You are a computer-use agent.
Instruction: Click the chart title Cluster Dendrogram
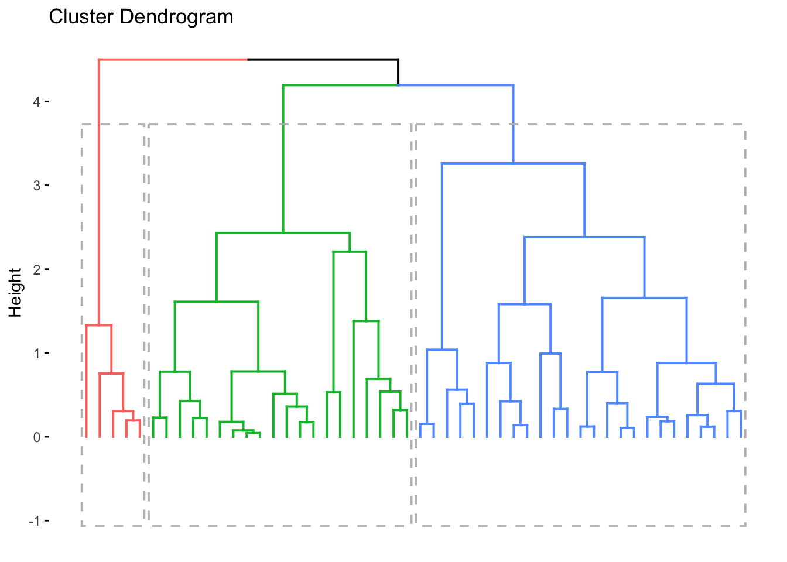point(141,17)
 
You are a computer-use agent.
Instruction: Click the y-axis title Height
point(16,292)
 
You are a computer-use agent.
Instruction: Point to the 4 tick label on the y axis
point(36,102)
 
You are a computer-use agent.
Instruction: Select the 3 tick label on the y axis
point(36,186)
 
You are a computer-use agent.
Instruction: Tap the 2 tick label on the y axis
point(36,270)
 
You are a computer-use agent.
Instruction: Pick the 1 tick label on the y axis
point(36,354)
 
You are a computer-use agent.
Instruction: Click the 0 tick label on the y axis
point(36,437)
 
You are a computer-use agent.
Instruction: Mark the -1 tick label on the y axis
point(34,521)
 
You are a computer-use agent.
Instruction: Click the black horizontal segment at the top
point(323,60)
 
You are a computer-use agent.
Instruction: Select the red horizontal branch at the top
point(173,60)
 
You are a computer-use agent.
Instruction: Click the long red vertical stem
point(99,193)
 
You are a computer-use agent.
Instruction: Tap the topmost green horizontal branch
point(340,85)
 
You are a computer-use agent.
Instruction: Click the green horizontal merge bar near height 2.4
point(283,233)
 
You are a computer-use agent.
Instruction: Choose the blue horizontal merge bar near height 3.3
point(513,163)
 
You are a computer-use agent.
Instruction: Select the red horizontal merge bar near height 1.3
point(99,325)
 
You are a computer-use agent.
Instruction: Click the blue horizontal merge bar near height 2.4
point(584,237)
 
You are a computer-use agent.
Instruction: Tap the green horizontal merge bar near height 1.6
point(217,301)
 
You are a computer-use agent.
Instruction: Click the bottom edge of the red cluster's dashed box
point(113,525)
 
